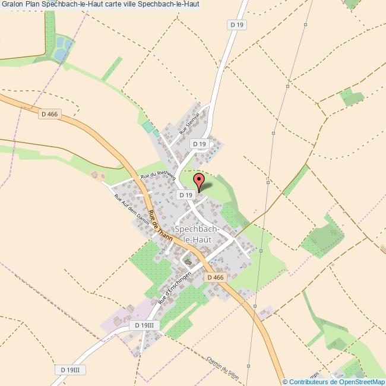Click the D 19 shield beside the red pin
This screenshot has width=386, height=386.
tap(186, 195)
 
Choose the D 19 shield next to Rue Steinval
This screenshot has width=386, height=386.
tap(199, 144)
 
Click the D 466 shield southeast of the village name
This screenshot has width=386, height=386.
tap(216, 277)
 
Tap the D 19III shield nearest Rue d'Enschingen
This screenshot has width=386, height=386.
tap(144, 325)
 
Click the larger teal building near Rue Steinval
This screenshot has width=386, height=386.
tap(147, 127)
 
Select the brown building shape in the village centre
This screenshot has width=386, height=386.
tap(188, 261)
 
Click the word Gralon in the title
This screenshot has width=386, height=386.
tap(12, 5)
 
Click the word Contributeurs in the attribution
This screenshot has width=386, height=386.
tap(311, 382)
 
